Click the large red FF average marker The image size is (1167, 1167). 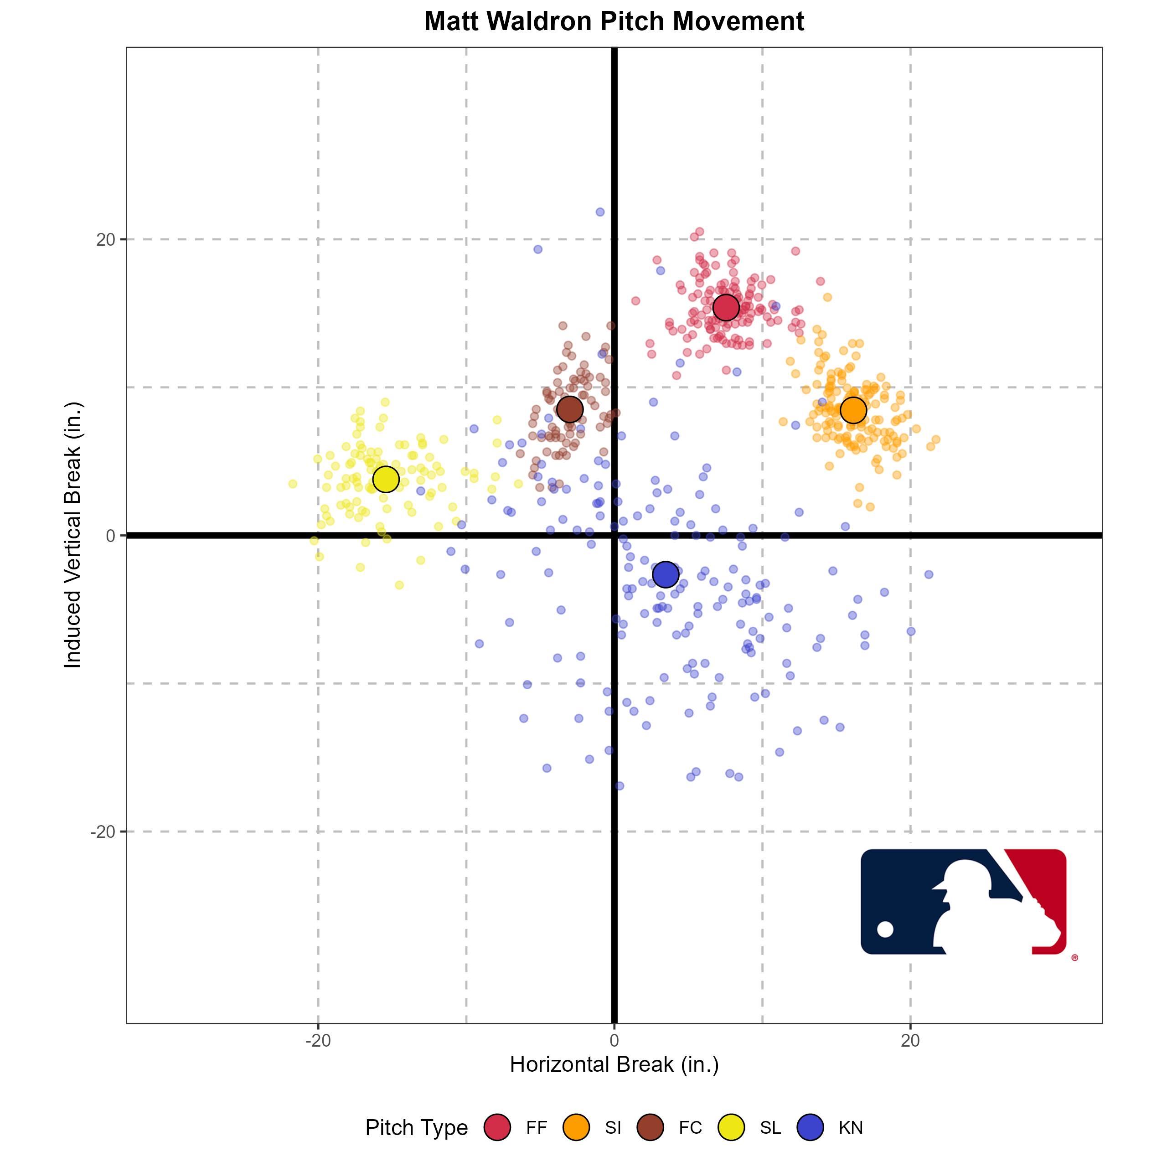tap(726, 307)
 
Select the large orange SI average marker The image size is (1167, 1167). tap(853, 410)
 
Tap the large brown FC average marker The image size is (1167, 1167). tap(570, 409)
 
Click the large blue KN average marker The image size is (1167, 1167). tap(666, 574)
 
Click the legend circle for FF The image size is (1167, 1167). tap(497, 1128)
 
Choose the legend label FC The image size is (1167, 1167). tap(690, 1128)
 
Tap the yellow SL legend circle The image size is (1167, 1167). tap(732, 1128)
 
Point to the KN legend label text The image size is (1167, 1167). tap(851, 1128)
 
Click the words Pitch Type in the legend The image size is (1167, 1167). tap(416, 1128)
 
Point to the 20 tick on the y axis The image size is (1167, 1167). tap(106, 240)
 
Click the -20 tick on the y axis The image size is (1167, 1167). tap(103, 832)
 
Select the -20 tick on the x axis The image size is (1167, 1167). tap(318, 1041)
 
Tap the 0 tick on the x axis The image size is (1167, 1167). tap(614, 1041)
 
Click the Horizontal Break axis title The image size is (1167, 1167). tap(614, 1065)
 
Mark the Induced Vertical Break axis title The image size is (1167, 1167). tap(73, 535)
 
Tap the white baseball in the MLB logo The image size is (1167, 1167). tap(885, 929)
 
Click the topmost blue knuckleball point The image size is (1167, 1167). tap(600, 212)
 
